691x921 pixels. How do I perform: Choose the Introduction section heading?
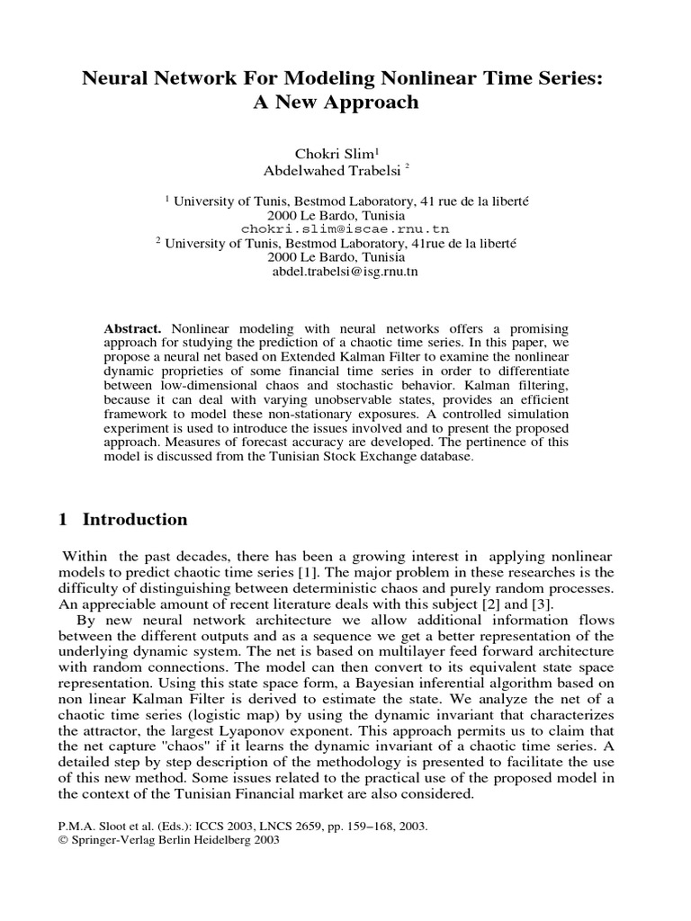135,520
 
